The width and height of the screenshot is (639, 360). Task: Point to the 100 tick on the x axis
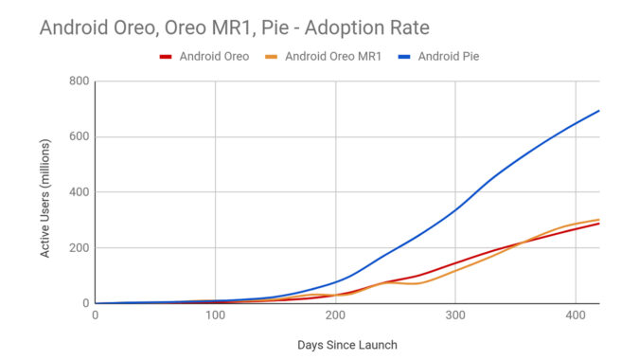pos(215,315)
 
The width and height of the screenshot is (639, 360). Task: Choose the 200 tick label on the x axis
pos(335,315)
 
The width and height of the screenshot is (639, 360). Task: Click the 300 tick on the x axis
pos(455,315)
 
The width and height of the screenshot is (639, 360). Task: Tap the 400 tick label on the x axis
pos(575,315)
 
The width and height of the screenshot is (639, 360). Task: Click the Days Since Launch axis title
pos(346,345)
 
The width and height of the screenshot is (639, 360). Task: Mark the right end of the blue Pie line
pos(599,111)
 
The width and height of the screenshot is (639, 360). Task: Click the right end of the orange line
pos(599,220)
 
